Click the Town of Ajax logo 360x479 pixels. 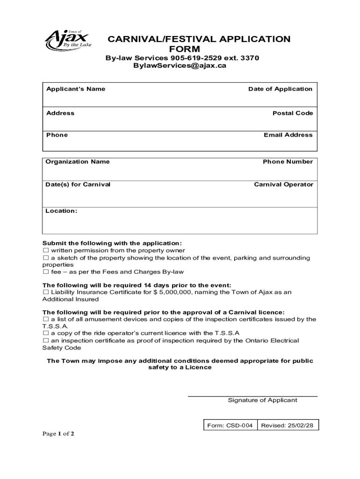[x=68, y=41]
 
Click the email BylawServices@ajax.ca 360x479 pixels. [x=180, y=66]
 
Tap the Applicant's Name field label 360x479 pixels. [x=76, y=89]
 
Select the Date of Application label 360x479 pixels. [x=280, y=89]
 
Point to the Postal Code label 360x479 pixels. [x=293, y=113]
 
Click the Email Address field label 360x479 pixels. [x=288, y=135]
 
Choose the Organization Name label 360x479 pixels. [x=78, y=162]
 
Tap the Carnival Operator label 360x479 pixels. [x=283, y=184]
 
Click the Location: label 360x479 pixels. [x=61, y=211]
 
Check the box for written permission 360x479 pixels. [x=46, y=251]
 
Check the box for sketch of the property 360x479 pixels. [x=46, y=258]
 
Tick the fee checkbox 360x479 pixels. [x=46, y=272]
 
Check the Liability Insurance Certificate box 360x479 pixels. [x=46, y=292]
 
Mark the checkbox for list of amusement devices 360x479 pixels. [x=46, y=319]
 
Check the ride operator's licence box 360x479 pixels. [x=46, y=334]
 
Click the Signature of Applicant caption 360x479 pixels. [x=262, y=400]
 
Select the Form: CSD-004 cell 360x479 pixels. [x=230, y=426]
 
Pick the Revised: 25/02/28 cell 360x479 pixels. [x=287, y=426]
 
